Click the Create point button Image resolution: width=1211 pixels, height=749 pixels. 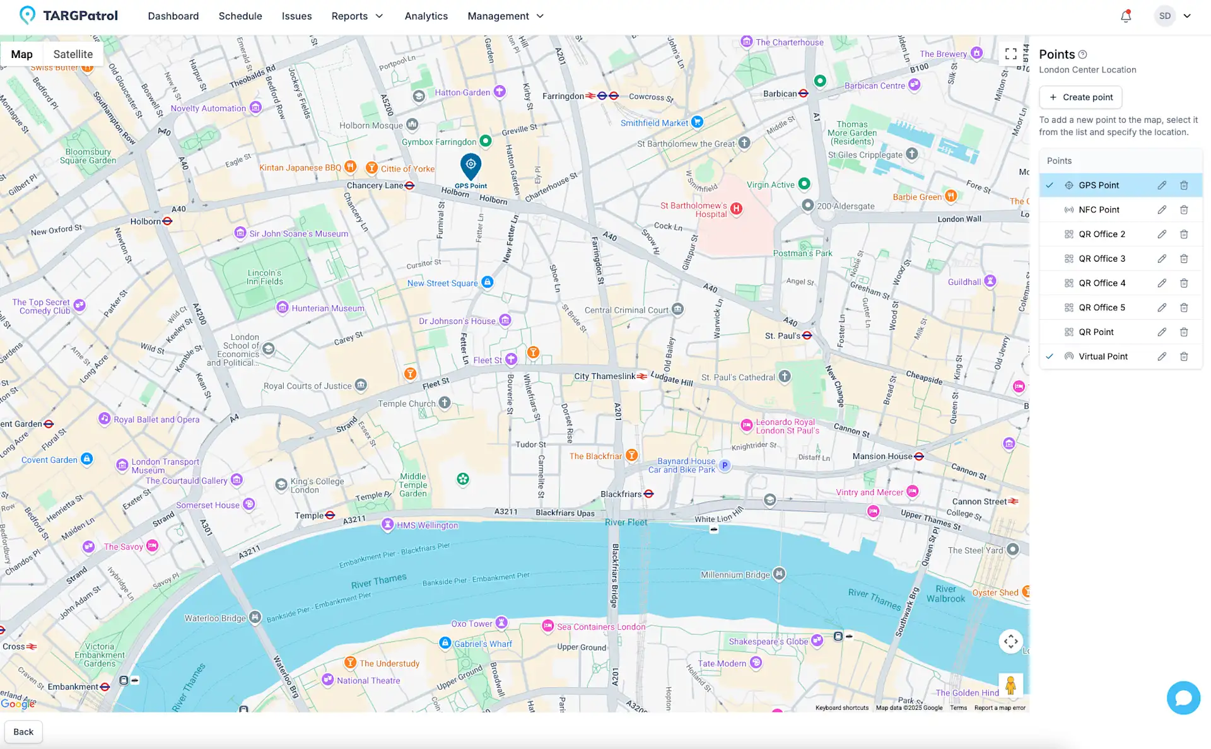1080,97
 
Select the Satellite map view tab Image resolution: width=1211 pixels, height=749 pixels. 73,54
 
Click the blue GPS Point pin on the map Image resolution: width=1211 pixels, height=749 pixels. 471,166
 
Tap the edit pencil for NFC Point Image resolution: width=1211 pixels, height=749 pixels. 1162,210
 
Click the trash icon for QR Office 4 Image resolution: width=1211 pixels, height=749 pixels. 1184,283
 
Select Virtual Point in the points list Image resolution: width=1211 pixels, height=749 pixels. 1103,356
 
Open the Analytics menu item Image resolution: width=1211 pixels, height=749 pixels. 426,16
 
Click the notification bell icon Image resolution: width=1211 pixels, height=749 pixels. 1126,16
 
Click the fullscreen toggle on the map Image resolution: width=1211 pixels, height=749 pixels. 1011,54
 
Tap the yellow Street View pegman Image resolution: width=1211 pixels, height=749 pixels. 1010,685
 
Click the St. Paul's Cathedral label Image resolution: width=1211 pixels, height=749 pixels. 738,378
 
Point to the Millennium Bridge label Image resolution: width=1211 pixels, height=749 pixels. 735,575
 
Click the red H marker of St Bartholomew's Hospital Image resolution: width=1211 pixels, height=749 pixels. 736,209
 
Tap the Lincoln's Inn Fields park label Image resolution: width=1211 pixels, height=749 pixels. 264,277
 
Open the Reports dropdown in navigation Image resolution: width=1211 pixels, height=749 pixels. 357,16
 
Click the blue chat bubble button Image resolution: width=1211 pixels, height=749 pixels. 1183,698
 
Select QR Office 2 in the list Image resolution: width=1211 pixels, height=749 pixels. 1101,235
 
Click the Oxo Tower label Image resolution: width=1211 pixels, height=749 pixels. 472,624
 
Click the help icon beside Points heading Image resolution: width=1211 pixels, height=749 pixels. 1083,55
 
